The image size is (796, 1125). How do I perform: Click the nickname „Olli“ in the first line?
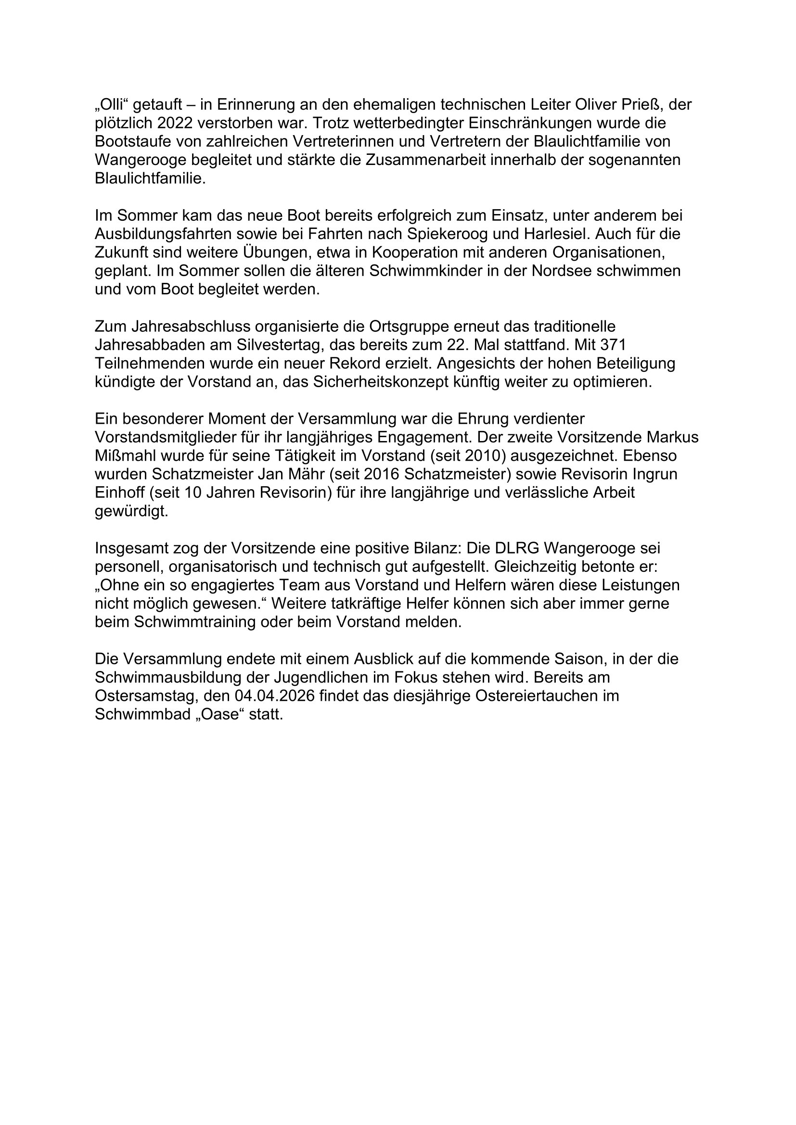(111, 104)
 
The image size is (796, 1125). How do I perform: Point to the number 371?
(613, 345)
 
